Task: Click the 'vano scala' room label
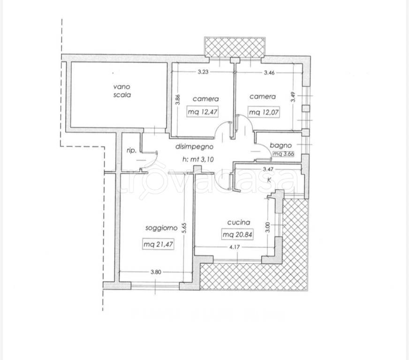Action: pyautogui.click(x=122, y=91)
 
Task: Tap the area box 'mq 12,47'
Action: pyautogui.click(x=203, y=112)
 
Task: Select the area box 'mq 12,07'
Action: pyautogui.click(x=264, y=112)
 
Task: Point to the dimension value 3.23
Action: pyautogui.click(x=203, y=72)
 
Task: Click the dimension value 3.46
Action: pyautogui.click(x=269, y=73)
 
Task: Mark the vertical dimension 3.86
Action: pyautogui.click(x=178, y=99)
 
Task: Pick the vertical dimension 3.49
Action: pyautogui.click(x=294, y=97)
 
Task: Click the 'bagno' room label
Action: pyautogui.click(x=280, y=145)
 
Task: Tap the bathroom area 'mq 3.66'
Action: pyautogui.click(x=283, y=154)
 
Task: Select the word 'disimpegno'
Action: pyautogui.click(x=194, y=147)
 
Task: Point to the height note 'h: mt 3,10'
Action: pyautogui.click(x=198, y=159)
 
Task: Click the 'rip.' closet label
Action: pyautogui.click(x=131, y=150)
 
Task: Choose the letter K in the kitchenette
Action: pyautogui.click(x=269, y=180)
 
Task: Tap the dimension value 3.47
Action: pyautogui.click(x=268, y=169)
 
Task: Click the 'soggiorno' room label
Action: pyautogui.click(x=161, y=228)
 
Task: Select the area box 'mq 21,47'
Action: pyautogui.click(x=158, y=244)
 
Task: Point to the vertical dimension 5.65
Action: pyautogui.click(x=184, y=229)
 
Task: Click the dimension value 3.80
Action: pyautogui.click(x=156, y=272)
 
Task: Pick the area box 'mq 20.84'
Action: pyautogui.click(x=237, y=234)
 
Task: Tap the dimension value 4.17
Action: pyautogui.click(x=235, y=247)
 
